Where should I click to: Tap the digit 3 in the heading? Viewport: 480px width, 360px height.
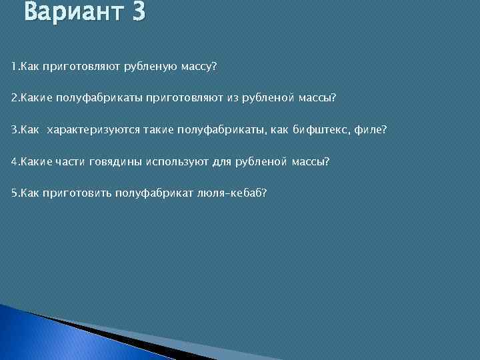(138, 12)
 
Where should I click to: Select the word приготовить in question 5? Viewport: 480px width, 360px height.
(76, 193)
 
